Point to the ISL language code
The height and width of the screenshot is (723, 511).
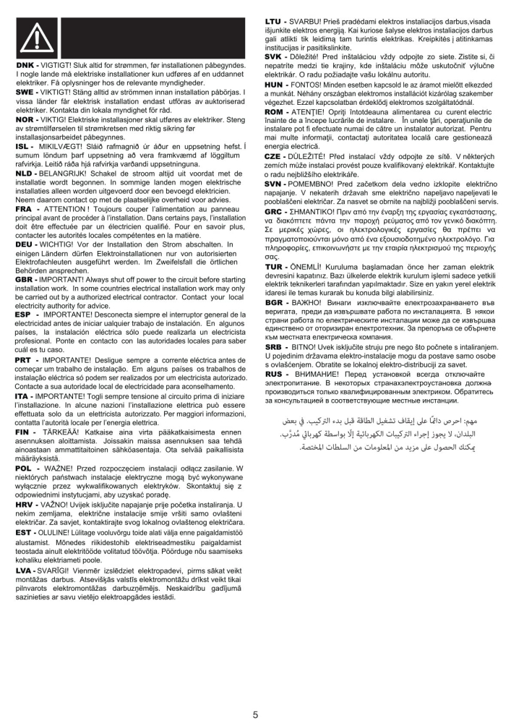point(25,145)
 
